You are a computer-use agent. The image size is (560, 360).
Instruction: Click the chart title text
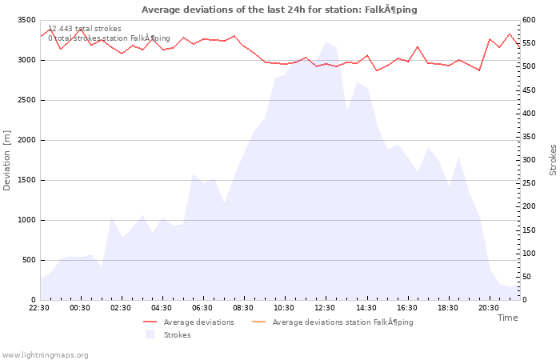coord(279,10)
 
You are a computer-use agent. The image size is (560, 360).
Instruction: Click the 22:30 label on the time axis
coord(39,308)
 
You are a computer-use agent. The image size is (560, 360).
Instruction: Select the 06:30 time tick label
coord(202,308)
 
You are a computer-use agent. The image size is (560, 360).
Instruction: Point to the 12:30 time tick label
coord(325,308)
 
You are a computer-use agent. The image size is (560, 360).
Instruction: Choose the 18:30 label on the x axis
coord(447,308)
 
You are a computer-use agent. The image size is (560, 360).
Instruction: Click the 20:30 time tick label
coord(488,308)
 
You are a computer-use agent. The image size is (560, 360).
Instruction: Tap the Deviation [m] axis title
coord(7,160)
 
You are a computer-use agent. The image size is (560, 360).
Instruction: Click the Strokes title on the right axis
coord(553,160)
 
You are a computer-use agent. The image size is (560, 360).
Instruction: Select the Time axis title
coord(507,318)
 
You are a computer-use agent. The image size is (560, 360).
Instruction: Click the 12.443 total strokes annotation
coord(85,29)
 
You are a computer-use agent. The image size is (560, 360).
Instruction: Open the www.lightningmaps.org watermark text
coord(46,355)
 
